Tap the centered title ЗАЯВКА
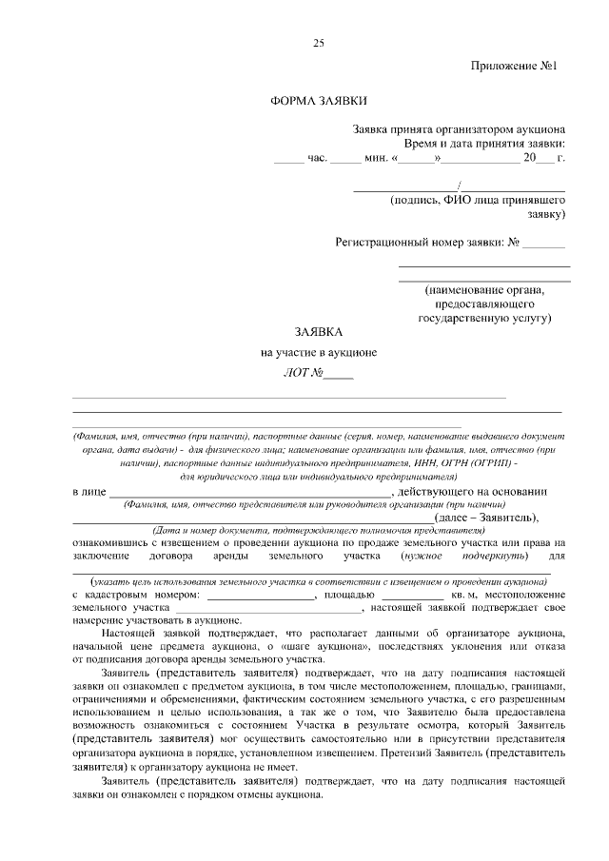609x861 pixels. coord(318,332)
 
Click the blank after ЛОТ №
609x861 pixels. coord(338,374)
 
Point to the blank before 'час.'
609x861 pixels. coord(287,160)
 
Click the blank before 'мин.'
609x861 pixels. coord(345,160)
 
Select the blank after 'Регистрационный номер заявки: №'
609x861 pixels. coord(544,245)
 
